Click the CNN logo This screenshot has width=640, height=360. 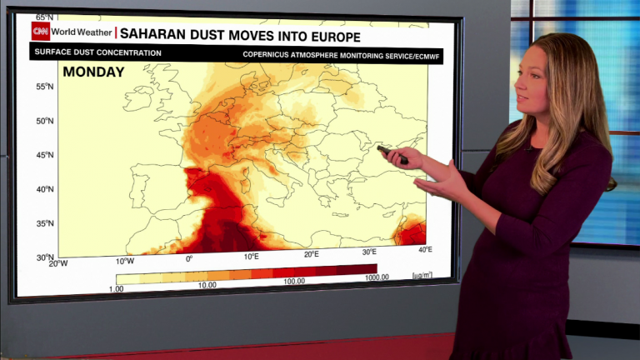point(41,32)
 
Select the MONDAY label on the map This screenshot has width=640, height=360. point(93,72)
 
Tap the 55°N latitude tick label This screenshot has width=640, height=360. point(44,87)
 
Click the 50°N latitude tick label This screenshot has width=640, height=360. point(44,121)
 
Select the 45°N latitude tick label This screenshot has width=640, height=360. point(44,155)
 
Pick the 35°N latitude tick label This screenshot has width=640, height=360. point(44,223)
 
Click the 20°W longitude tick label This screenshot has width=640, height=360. point(58,263)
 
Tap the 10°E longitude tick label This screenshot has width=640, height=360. point(252,257)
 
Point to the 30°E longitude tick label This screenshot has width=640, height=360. point(369,252)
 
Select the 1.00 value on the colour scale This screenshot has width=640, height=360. point(116,288)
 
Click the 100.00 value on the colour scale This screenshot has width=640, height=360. point(292,282)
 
